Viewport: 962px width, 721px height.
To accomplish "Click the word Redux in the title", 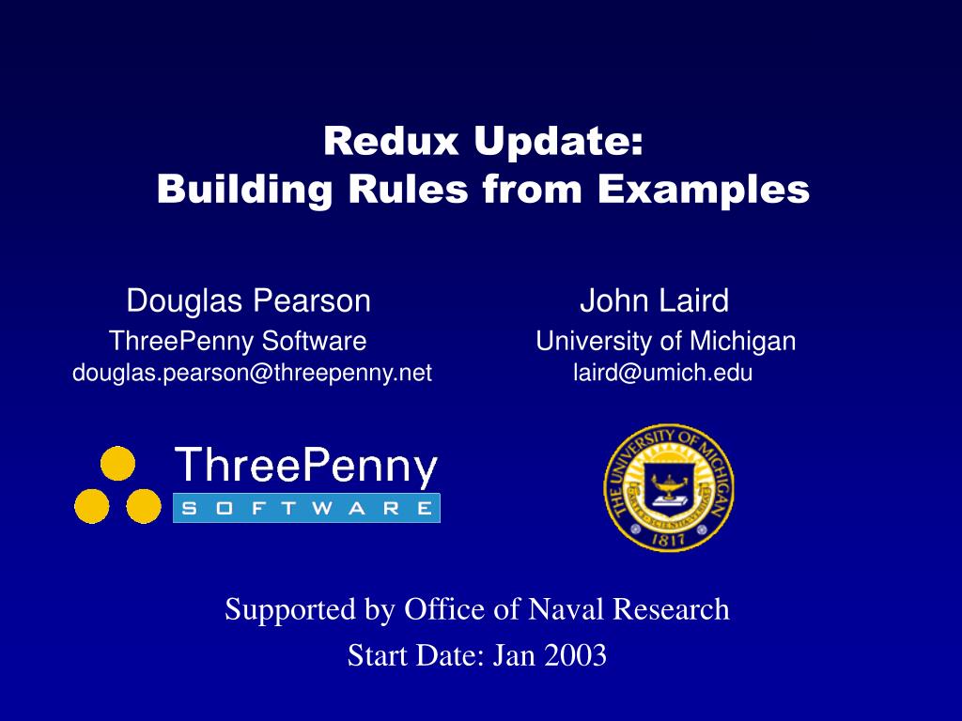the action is tap(391, 141).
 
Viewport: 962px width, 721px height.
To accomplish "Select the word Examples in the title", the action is tap(704, 191).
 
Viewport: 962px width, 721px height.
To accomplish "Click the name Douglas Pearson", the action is tap(248, 301).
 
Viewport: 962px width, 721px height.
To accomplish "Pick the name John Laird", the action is tap(655, 301).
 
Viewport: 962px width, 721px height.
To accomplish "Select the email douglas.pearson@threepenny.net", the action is tap(252, 373).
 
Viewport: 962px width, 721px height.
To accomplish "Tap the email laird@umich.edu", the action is tap(662, 373).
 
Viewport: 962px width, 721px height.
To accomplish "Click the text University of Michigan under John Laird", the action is tap(666, 342).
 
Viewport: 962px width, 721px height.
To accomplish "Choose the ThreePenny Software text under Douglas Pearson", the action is tap(238, 342).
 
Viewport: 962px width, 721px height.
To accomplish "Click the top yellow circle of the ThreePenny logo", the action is tap(117, 463).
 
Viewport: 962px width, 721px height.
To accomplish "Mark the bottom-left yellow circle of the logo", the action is tap(92, 506).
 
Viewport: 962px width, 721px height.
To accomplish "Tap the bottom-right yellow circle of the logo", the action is tap(144, 506).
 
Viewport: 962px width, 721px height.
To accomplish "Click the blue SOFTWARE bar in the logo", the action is tap(307, 508).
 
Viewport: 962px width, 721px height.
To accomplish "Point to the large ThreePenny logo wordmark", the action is tap(306, 468).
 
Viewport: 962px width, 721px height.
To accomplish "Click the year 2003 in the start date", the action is tap(575, 655).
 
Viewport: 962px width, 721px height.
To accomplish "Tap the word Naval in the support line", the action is tap(565, 609).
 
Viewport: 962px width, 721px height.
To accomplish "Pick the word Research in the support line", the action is tap(671, 609).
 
